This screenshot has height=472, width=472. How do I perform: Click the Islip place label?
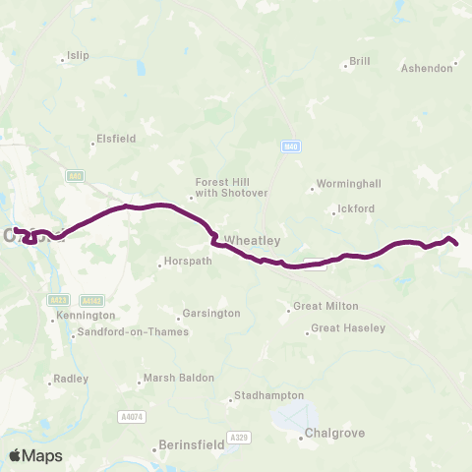click(x=78, y=55)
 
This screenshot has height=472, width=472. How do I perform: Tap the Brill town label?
click(x=360, y=61)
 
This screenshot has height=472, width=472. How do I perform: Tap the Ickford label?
click(x=356, y=208)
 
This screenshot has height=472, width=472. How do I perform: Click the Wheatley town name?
click(x=253, y=240)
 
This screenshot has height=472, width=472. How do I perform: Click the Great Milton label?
click(x=326, y=306)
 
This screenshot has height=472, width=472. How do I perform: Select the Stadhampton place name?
click(x=266, y=396)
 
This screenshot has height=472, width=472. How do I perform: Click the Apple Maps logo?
click(x=35, y=455)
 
